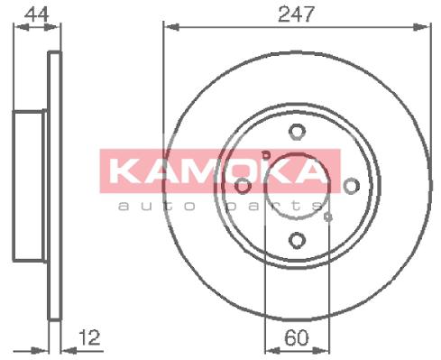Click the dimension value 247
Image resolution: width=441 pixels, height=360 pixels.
pyautogui.click(x=296, y=14)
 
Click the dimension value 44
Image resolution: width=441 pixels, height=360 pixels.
pyautogui.click(x=36, y=14)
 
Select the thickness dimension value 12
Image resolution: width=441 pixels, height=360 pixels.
pyautogui.click(x=89, y=337)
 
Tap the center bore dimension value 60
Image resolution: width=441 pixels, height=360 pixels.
pyautogui.click(x=297, y=337)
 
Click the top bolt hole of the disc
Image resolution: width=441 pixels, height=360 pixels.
pyautogui.click(x=298, y=132)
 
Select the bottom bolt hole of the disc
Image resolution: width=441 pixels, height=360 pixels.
pyautogui.click(x=298, y=240)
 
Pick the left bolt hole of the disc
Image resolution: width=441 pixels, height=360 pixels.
pyautogui.click(x=243, y=186)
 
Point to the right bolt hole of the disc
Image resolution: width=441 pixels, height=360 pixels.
pyautogui.click(x=352, y=186)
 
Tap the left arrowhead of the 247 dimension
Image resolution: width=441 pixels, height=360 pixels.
pyautogui.click(x=172, y=27)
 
